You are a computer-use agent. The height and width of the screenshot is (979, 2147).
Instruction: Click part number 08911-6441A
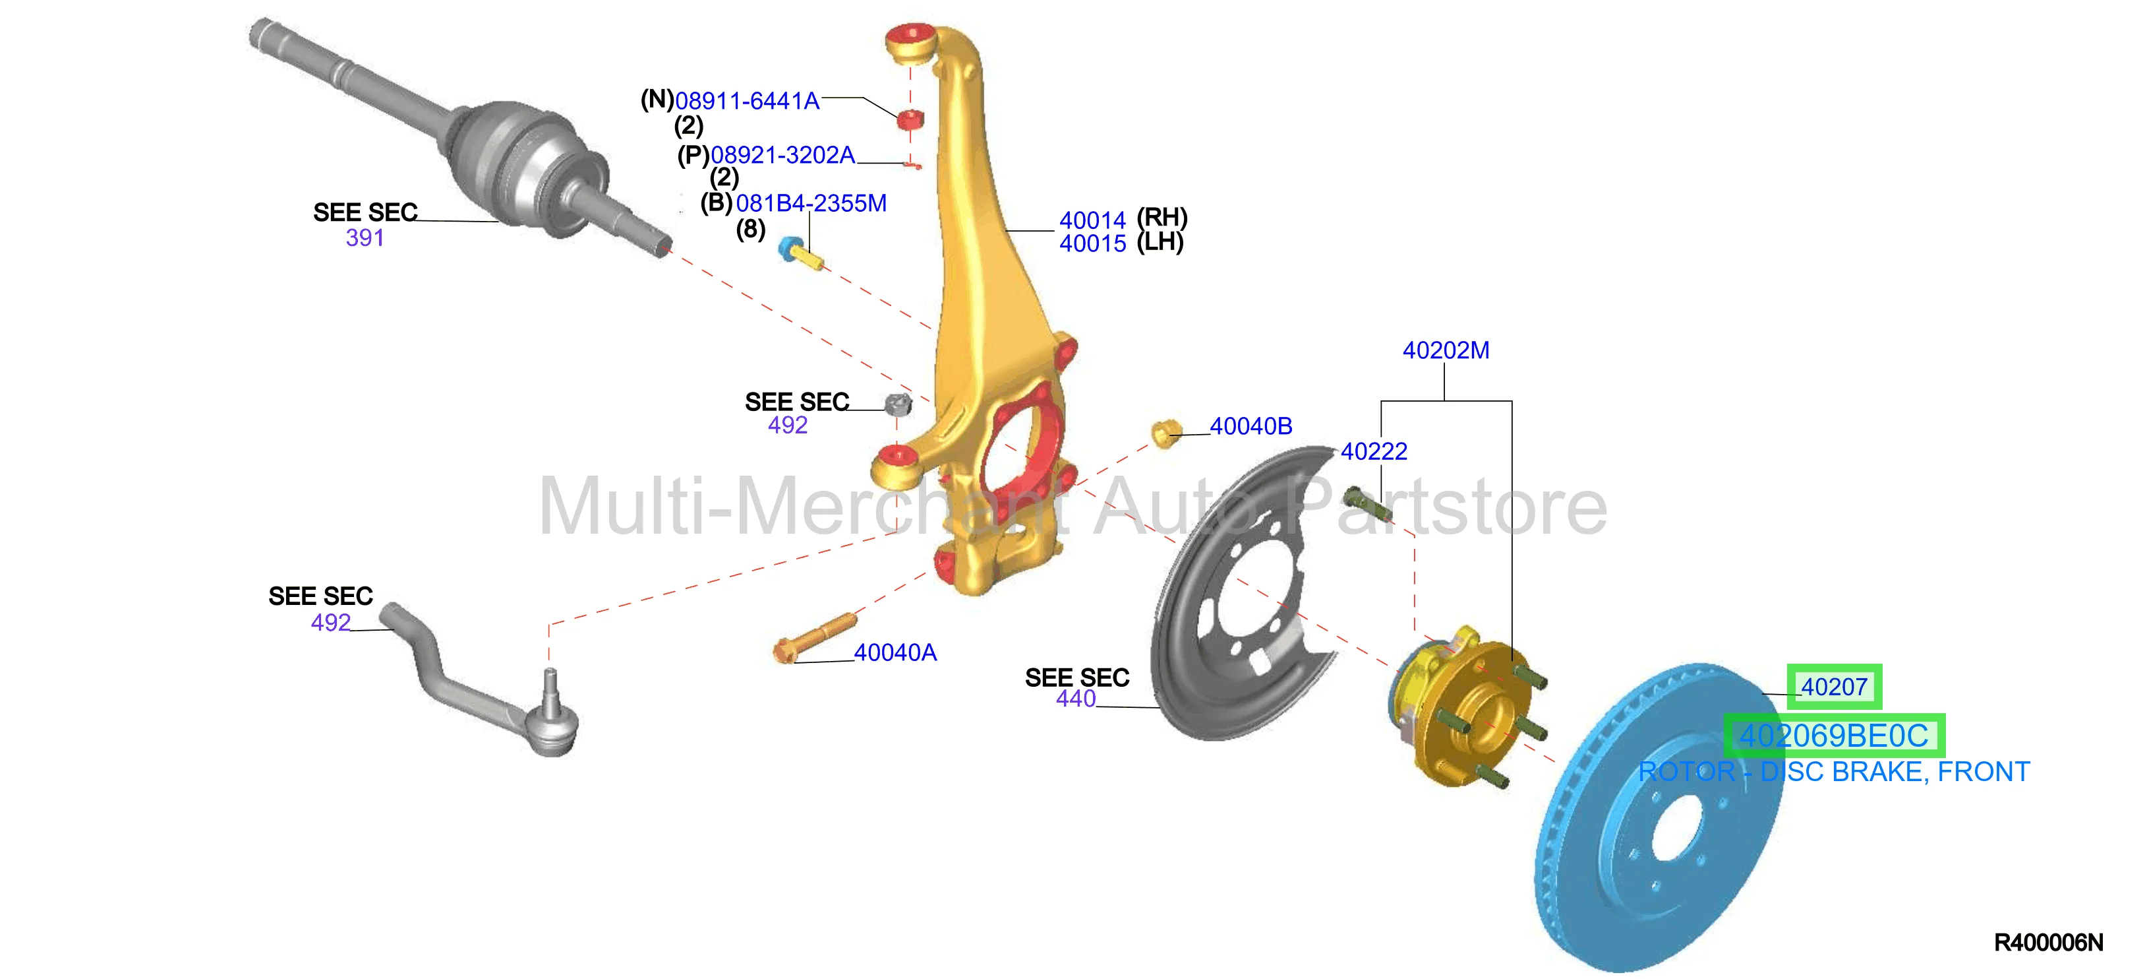[x=747, y=101]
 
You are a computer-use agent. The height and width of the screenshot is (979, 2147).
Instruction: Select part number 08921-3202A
[x=782, y=155]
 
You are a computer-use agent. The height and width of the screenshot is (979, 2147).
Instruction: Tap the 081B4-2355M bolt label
[x=811, y=203]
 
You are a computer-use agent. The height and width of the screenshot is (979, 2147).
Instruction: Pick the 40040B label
[x=1250, y=426]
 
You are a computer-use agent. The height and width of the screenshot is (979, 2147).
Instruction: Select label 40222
[x=1374, y=451]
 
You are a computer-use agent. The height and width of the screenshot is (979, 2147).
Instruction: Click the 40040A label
[x=895, y=653]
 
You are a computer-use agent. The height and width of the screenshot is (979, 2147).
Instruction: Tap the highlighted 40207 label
[x=1834, y=687]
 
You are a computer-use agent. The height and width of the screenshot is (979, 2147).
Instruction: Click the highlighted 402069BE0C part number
[x=1834, y=736]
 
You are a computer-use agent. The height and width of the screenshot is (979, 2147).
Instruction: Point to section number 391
[x=365, y=237]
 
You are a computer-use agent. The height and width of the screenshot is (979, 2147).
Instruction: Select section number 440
[x=1075, y=699]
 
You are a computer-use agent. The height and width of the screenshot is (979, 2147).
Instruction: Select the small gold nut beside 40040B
[x=1166, y=433]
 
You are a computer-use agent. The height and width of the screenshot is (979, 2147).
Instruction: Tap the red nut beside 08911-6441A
[x=910, y=119]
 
